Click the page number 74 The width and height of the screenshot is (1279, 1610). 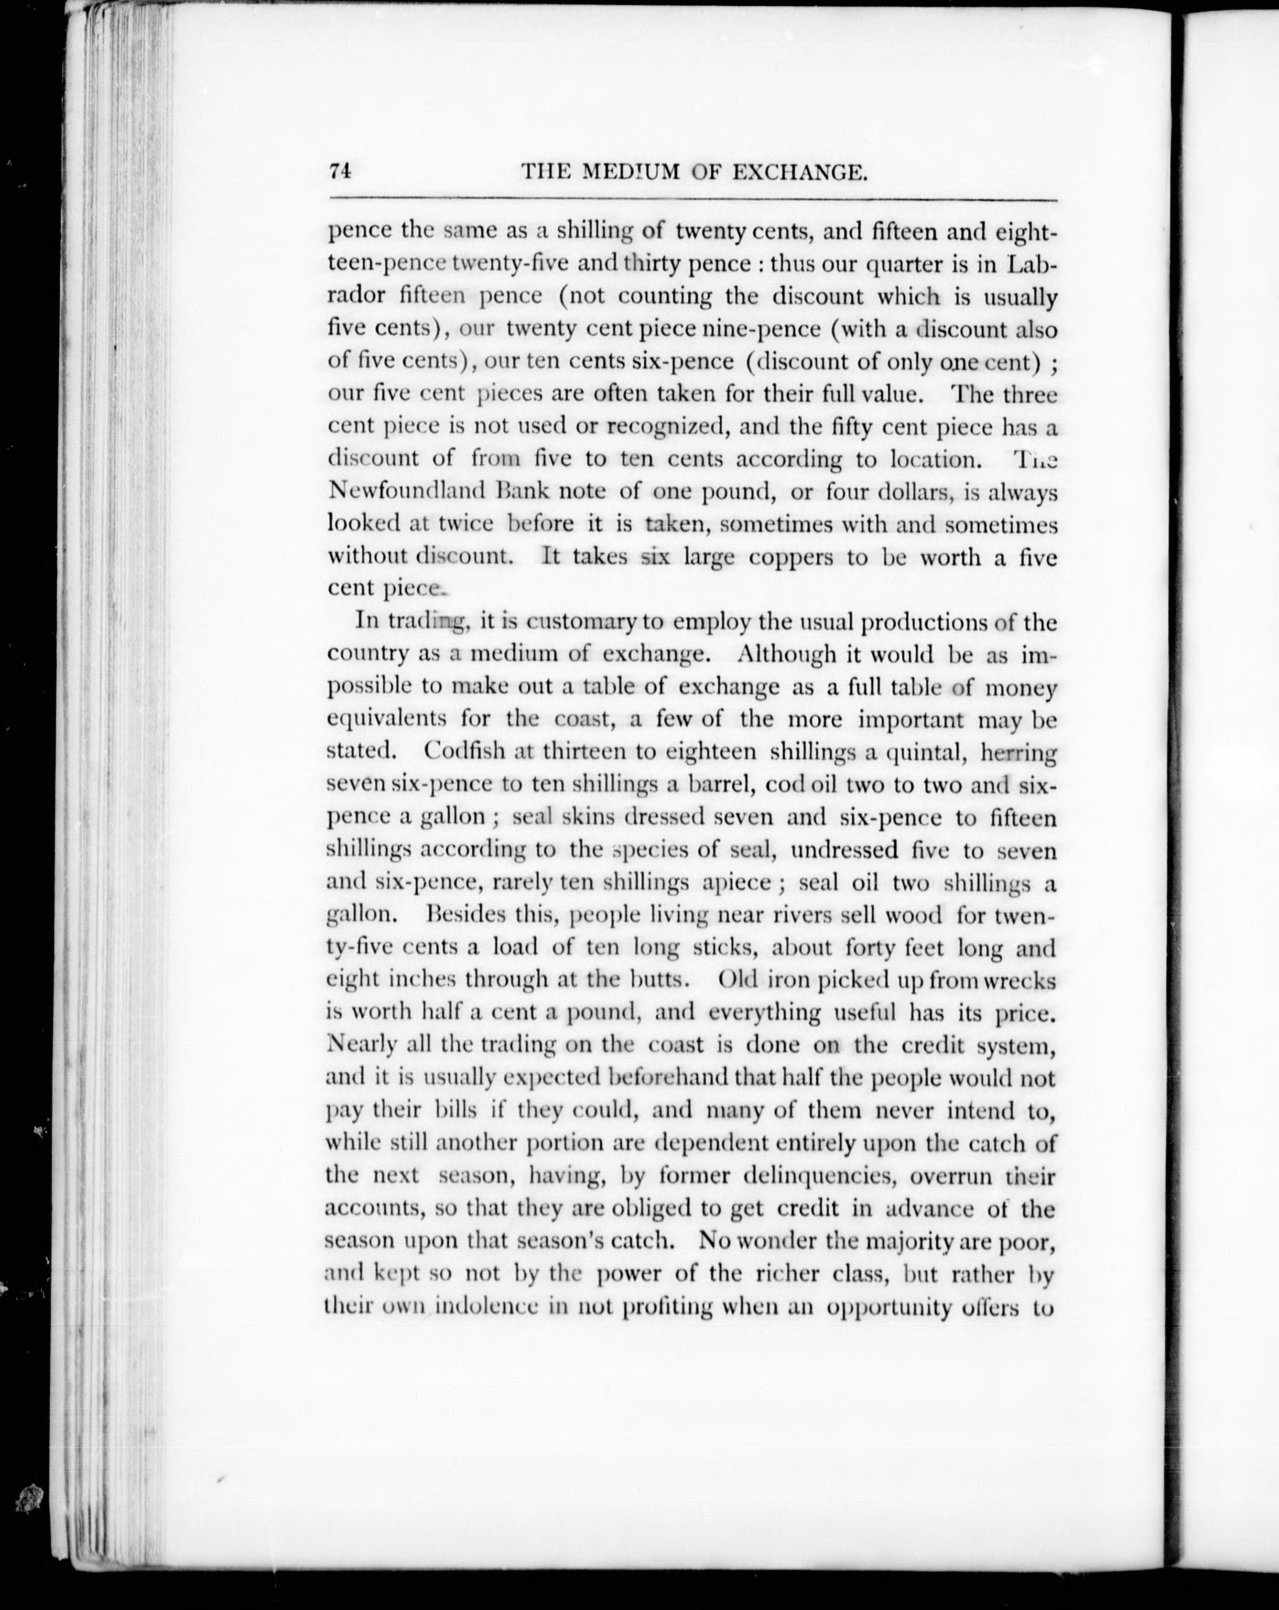340,171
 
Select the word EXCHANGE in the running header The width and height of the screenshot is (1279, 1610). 798,173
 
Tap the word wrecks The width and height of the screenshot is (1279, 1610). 1020,980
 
